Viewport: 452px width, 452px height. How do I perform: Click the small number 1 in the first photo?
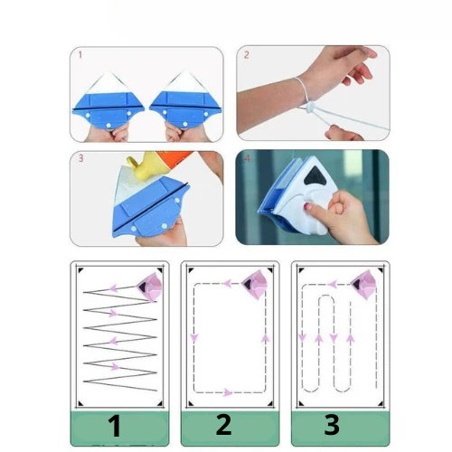[79, 55]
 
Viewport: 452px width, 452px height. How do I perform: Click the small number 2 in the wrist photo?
[245, 55]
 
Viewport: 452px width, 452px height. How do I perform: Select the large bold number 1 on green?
[115, 426]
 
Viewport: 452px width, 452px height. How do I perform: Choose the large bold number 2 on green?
[224, 426]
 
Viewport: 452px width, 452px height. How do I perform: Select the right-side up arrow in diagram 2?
[265, 338]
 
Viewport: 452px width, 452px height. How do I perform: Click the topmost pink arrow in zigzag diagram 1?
[114, 287]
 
